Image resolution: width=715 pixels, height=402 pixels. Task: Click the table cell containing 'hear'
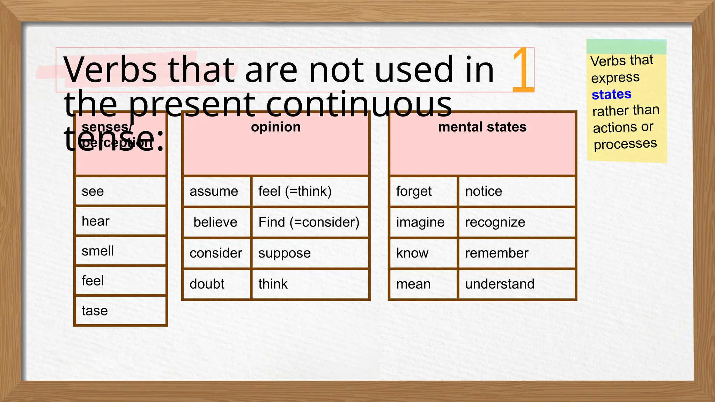[x=120, y=221]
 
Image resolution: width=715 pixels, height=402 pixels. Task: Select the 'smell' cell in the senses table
[x=120, y=251]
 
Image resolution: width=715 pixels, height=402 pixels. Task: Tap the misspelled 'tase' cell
[x=120, y=311]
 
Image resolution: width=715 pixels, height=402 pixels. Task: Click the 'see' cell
[x=120, y=191]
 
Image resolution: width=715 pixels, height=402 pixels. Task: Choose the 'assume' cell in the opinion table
[x=216, y=191]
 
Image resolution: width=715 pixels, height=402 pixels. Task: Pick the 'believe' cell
[x=216, y=222]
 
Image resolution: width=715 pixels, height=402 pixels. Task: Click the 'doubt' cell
[x=216, y=284]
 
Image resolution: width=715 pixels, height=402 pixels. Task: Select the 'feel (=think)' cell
[x=310, y=191]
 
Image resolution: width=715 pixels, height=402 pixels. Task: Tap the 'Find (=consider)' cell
[x=310, y=222]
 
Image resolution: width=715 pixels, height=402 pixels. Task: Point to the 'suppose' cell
[x=310, y=253]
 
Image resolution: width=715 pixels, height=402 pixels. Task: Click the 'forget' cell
[x=423, y=191]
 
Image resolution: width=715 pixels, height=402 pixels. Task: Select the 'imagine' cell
[x=423, y=222]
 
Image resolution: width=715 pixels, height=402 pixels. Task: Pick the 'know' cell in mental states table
[x=423, y=253]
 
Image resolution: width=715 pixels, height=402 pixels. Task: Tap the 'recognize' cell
[x=516, y=222]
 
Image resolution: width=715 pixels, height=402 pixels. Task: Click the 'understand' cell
[x=516, y=284]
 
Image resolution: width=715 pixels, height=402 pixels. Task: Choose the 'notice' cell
[x=516, y=191]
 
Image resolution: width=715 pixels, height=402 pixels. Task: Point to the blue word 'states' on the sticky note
[x=612, y=94]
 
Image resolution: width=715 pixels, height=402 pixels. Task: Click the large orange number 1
[x=523, y=70]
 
